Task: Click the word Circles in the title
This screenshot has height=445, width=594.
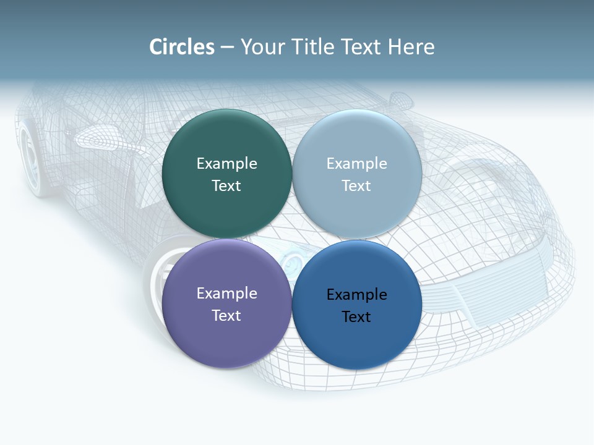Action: (x=182, y=47)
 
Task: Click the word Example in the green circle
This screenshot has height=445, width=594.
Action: (x=226, y=163)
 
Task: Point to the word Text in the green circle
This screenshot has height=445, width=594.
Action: (x=226, y=185)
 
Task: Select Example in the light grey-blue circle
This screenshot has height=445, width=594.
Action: (x=356, y=163)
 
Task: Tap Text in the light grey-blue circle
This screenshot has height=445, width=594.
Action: (x=356, y=185)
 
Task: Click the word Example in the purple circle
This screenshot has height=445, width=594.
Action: (x=226, y=293)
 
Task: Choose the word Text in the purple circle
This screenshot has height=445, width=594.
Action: (x=226, y=315)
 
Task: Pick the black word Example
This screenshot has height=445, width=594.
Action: (x=356, y=294)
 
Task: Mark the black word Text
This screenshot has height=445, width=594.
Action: (x=356, y=316)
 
